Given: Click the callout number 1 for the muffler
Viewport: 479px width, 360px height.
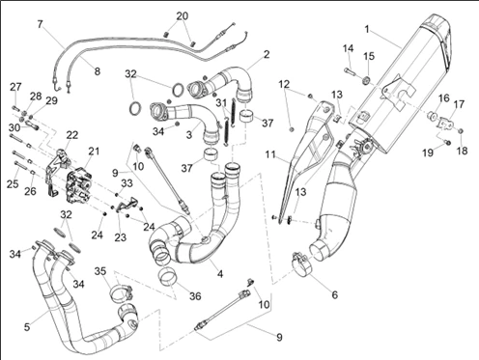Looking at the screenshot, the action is (367, 29).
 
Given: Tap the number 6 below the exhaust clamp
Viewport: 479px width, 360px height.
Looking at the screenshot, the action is (335, 294).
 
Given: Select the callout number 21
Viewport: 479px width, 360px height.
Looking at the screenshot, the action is (94, 152).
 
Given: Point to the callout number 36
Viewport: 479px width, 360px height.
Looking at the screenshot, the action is (195, 295).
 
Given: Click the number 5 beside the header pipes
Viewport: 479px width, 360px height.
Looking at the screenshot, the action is (27, 327).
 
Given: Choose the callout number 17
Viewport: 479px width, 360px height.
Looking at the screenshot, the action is (459, 104).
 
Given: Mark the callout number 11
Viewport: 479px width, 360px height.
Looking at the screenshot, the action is (270, 154).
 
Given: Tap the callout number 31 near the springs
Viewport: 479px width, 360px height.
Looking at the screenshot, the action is (221, 103).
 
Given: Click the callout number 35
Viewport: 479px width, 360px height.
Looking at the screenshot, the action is (100, 271).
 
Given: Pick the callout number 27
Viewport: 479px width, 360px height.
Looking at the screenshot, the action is (15, 87).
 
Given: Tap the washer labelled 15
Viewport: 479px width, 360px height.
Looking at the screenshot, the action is (365, 80).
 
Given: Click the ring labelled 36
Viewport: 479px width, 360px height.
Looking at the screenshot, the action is (168, 279).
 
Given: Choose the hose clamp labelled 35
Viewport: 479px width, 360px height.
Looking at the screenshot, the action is (121, 292).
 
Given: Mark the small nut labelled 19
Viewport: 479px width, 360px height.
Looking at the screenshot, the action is (448, 142).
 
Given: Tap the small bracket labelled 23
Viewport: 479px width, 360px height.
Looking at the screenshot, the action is (127, 205).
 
